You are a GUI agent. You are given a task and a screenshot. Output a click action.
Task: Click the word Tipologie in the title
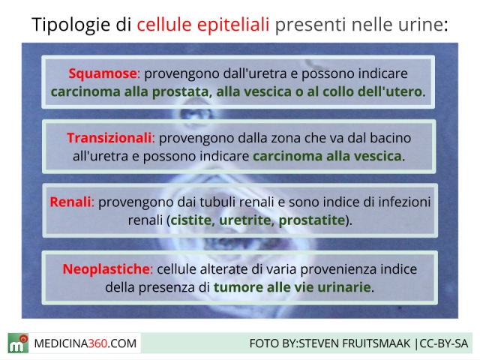coord(70,25)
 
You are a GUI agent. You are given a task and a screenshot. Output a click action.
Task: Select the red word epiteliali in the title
coord(233,25)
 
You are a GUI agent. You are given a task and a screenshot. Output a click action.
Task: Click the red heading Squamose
coord(103,73)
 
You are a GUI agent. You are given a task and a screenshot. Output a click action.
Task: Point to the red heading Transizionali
coord(109,138)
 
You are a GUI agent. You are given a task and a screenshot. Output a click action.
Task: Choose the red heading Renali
coord(70,202)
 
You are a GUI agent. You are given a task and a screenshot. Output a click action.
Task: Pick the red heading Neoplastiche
coord(106,269)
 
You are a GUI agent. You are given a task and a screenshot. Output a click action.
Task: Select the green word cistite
coord(192,220)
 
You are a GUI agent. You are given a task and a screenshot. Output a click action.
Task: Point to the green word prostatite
coord(312,220)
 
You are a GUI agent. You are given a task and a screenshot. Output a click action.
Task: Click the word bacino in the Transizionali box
coord(390,138)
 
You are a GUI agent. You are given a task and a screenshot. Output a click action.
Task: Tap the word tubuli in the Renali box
coord(218,202)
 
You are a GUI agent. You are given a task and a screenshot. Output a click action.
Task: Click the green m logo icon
coord(18,343)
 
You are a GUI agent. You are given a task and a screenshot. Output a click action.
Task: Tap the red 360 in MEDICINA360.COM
coord(97,343)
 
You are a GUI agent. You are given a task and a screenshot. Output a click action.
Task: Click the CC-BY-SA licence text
coord(443,343)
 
